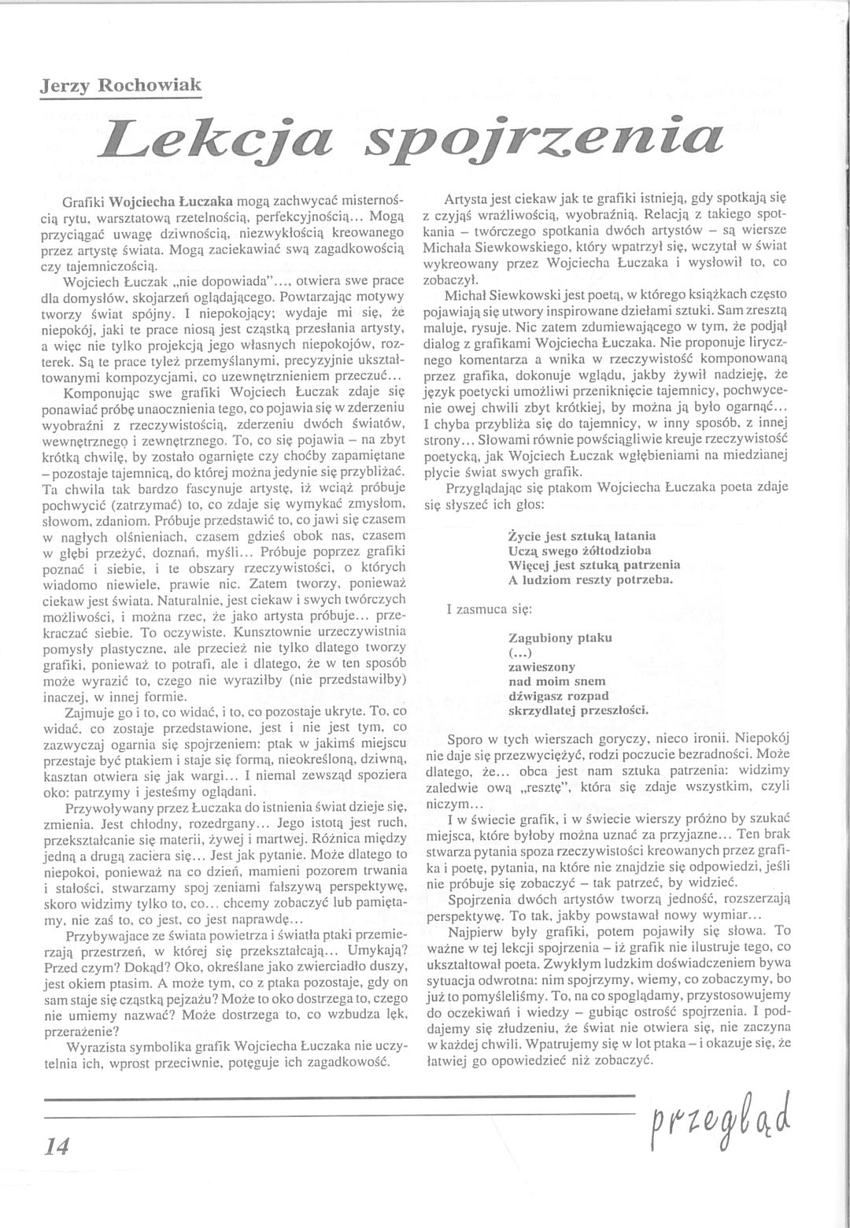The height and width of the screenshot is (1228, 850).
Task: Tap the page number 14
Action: [57, 1146]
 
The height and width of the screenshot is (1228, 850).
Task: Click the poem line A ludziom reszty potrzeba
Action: [591, 580]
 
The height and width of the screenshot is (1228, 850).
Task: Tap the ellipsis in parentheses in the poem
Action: [521, 652]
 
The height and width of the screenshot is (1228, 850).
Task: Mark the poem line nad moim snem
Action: [557, 681]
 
